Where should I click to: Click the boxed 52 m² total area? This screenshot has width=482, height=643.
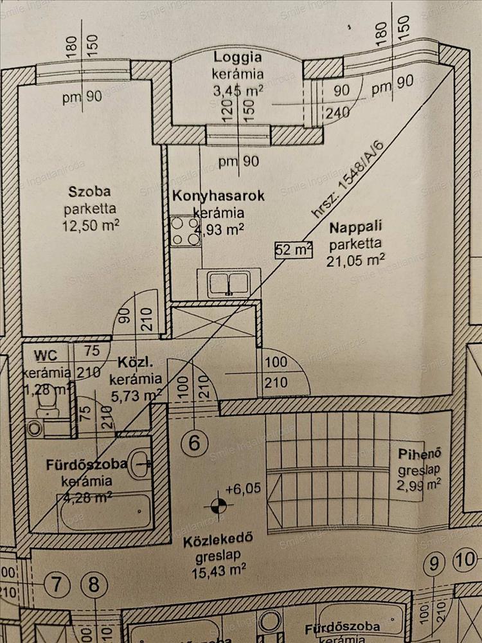coord(293,248)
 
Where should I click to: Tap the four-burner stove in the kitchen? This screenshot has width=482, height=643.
coord(185,231)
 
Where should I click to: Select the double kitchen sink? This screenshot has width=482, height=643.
coord(229,283)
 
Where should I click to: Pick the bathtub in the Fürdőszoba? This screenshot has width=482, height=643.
coord(106,512)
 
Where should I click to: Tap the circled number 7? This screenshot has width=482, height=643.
coord(58,585)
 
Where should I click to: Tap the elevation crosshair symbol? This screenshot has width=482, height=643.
coord(219,505)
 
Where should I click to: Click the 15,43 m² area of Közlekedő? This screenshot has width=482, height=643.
coord(220,568)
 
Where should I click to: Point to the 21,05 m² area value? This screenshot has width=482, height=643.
coord(356,260)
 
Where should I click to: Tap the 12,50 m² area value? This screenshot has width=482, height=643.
coord(91,226)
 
